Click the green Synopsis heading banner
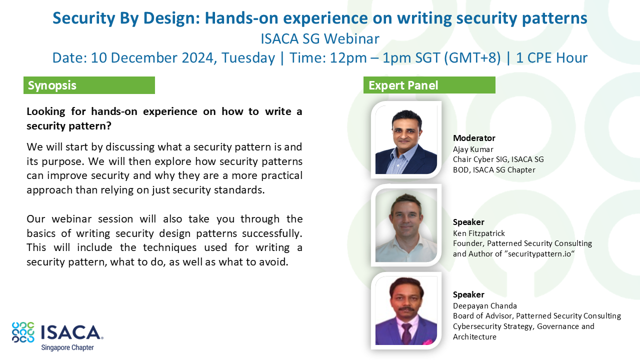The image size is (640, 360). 89,85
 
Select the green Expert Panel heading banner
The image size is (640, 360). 429,85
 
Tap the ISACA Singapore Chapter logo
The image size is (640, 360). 57,336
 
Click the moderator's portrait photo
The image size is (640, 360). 406,139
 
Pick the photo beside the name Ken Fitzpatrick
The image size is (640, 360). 406,225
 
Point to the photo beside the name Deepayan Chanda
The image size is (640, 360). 406,310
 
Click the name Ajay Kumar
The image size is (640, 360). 473,149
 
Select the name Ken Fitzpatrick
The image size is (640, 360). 479,233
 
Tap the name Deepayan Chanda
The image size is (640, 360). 485,306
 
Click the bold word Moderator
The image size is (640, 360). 474,138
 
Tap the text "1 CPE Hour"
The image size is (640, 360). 551,57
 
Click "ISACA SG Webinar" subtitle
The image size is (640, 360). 320,38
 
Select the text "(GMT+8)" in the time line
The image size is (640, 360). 472,58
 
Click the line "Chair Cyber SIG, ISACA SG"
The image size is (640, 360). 498,159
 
